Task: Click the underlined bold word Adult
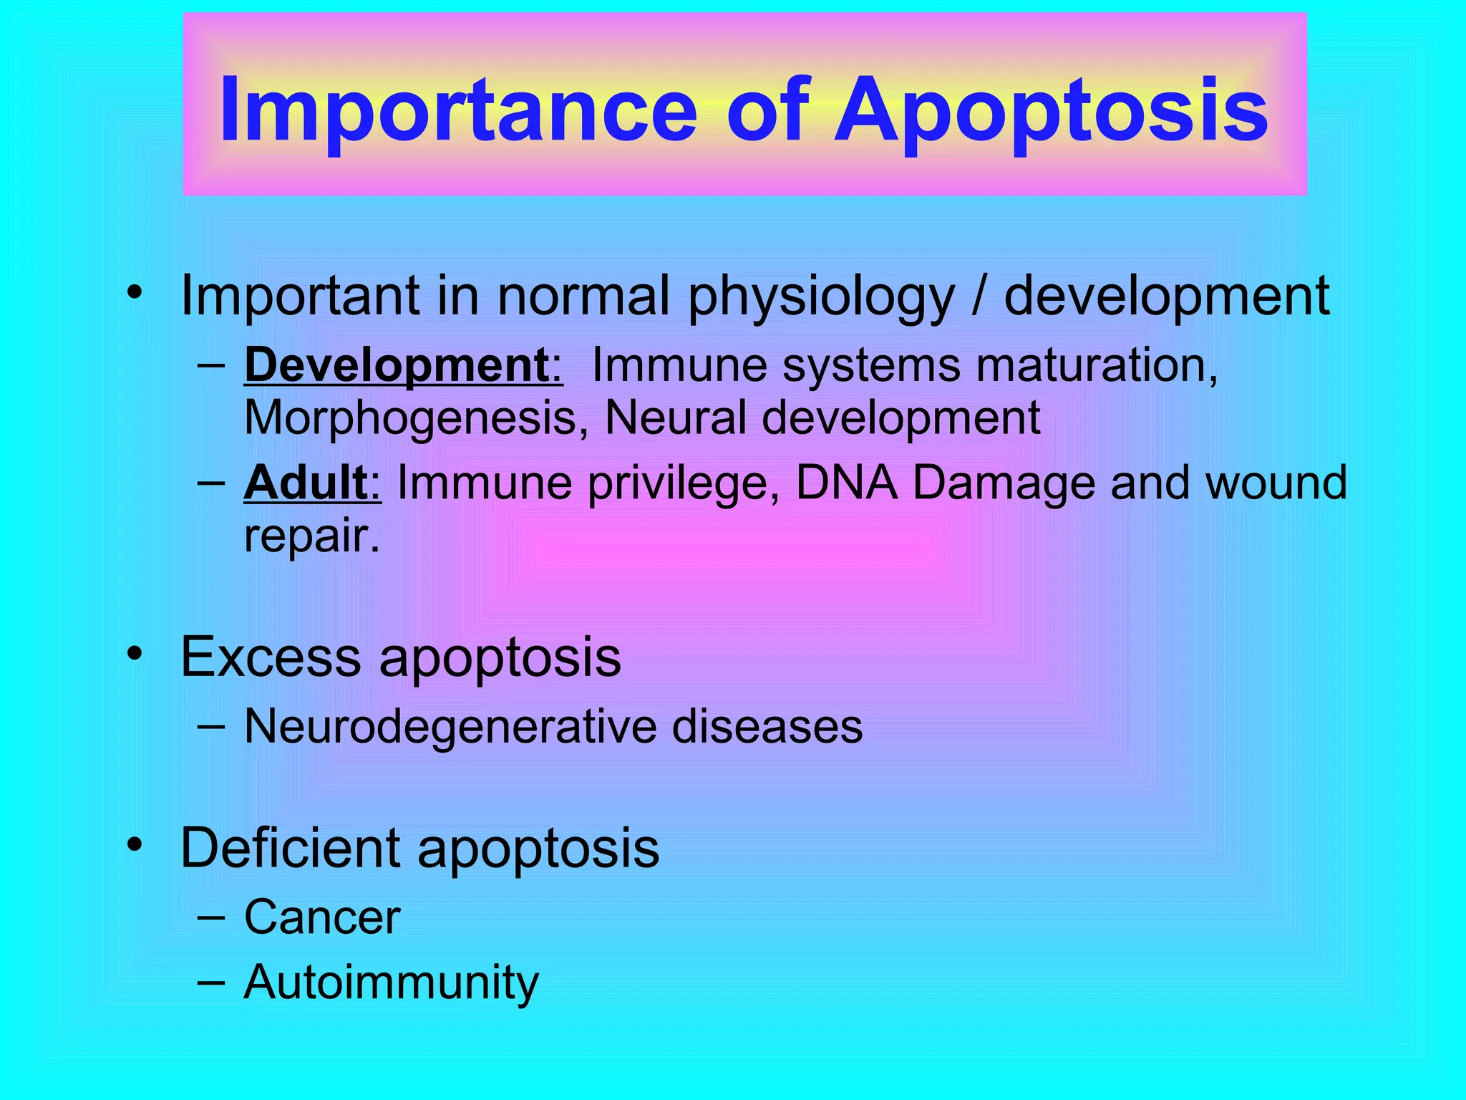(x=306, y=483)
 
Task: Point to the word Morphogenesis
(x=410, y=418)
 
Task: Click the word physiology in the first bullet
(x=821, y=297)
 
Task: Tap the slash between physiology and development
(x=979, y=296)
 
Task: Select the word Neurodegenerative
(x=449, y=727)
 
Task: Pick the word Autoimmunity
(x=391, y=983)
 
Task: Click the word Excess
(x=271, y=657)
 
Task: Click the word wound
(x=1276, y=483)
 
